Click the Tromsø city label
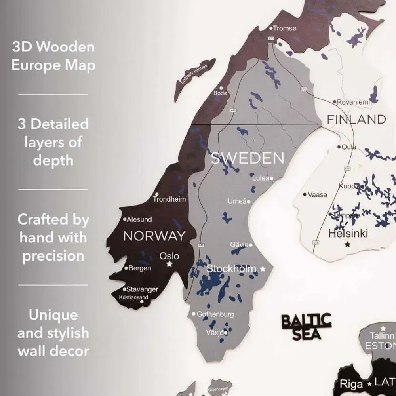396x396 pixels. (285, 28)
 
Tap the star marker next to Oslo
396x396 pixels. (169, 264)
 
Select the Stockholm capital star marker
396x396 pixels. (263, 269)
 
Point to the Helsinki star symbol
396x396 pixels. (348, 244)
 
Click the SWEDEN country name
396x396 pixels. (247, 158)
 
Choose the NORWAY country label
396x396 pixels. (154, 236)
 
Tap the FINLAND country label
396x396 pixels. (356, 119)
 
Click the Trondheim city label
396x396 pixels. (169, 199)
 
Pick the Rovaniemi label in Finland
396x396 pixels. (353, 102)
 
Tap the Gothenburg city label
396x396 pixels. (215, 314)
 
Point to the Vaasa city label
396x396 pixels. (318, 194)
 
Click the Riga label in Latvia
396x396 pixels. (351, 384)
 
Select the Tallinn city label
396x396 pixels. (382, 336)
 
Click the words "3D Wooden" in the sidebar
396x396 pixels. (53, 47)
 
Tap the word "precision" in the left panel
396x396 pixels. (53, 256)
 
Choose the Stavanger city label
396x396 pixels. (142, 289)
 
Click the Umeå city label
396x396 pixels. (237, 201)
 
